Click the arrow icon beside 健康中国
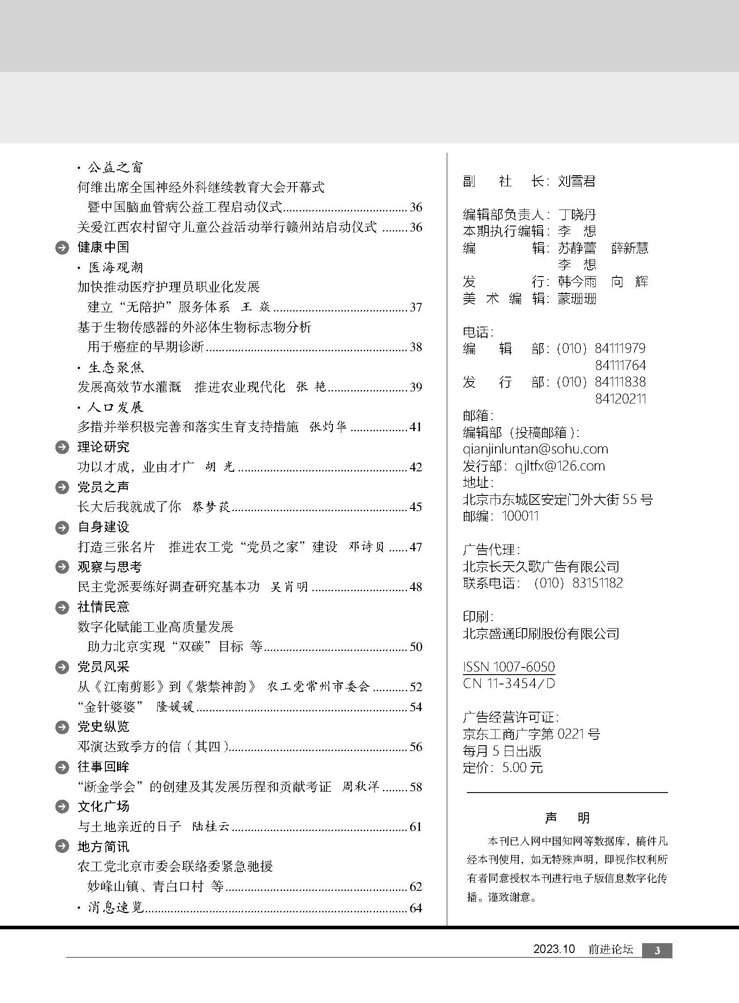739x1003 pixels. coord(62,248)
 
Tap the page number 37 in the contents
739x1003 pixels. coord(416,307)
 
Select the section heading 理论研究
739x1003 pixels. coord(103,447)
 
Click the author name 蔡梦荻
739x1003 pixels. coord(211,507)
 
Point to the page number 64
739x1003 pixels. coord(416,908)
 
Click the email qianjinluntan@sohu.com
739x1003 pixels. coord(535,449)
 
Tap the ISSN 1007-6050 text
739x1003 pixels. coord(508,667)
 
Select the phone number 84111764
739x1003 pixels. coord(620,365)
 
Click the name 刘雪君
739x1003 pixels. coord(577,181)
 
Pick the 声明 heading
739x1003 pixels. coord(567,818)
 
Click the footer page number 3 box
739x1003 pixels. coord(657,951)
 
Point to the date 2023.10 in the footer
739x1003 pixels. coord(553,949)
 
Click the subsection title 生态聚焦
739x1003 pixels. coord(116,367)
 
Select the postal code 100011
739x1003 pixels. coord(520,516)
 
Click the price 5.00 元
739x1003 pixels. coord(522,768)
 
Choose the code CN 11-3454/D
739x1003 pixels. coord(508,684)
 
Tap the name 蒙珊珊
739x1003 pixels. coord(577,299)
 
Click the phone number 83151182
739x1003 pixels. coord(597,583)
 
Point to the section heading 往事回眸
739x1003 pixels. coord(103,767)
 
